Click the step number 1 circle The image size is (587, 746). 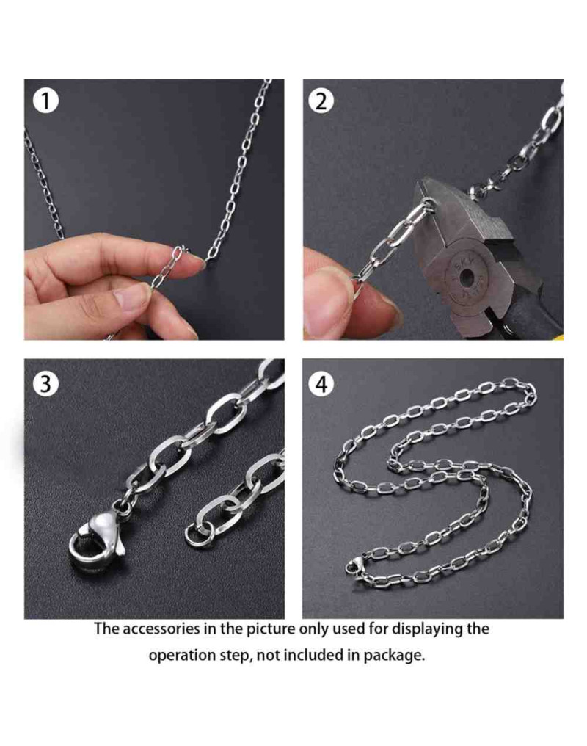point(45,101)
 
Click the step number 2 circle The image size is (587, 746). point(321,101)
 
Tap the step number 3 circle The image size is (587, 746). point(45,383)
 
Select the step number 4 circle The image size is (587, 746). point(321,383)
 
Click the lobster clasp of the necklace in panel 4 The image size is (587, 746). point(354,567)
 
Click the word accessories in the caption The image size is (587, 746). point(161,629)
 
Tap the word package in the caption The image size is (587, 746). point(395,656)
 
